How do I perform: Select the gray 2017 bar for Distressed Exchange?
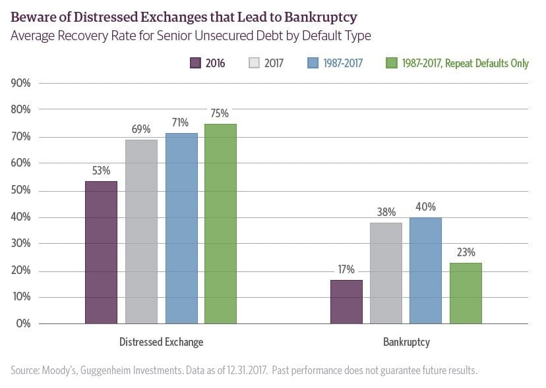click(x=141, y=231)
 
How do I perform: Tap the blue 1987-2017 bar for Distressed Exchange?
click(x=181, y=228)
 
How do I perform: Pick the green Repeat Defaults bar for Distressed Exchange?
click(x=220, y=223)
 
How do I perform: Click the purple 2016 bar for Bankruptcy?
click(x=346, y=302)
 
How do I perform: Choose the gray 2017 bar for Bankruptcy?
click(x=386, y=273)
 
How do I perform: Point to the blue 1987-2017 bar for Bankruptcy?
click(x=425, y=270)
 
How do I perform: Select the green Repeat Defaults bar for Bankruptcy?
click(x=466, y=293)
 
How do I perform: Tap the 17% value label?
click(x=346, y=269)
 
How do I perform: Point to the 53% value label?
click(x=101, y=170)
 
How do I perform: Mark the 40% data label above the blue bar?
click(x=425, y=206)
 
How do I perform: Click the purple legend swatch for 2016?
click(x=195, y=64)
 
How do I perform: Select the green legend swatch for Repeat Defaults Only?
click(x=391, y=64)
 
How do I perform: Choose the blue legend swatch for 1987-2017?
click(x=313, y=64)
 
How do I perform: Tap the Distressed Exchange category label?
click(x=161, y=343)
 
